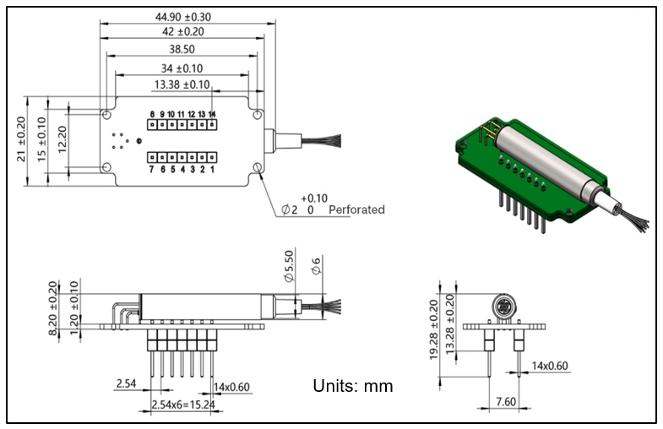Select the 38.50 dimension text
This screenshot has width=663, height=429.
(181, 50)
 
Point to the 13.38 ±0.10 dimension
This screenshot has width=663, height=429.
(181, 84)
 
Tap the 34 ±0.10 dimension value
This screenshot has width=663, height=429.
(181, 68)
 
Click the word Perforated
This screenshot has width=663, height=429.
(356, 209)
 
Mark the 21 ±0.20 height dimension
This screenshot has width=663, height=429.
(23, 139)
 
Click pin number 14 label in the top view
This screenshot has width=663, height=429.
(212, 114)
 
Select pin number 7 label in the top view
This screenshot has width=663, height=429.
(152, 170)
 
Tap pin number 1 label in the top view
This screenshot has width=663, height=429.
(212, 170)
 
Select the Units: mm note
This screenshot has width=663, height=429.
(353, 386)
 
